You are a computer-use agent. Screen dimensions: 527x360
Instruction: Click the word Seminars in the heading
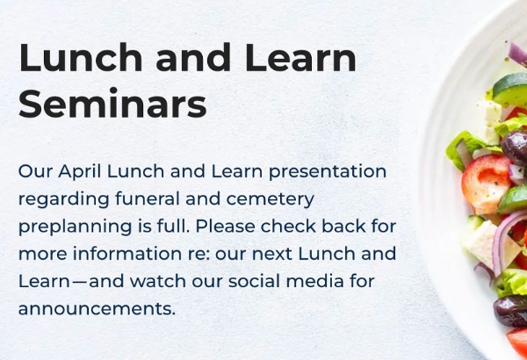[112, 103]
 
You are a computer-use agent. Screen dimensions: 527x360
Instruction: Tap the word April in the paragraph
[80, 172]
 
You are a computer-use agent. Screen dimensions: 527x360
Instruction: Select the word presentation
[328, 172]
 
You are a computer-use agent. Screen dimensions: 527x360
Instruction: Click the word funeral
[148, 198]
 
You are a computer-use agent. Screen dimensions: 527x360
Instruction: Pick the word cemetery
[271, 199]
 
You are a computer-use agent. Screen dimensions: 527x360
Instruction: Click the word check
[288, 227]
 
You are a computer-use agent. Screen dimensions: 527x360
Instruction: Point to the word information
[127, 254]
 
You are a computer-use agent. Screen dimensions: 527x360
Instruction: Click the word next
[272, 255]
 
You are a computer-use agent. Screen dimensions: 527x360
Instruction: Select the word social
[254, 281]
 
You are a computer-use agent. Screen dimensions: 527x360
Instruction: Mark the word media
[315, 281]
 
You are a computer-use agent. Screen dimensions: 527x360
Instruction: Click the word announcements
[97, 309]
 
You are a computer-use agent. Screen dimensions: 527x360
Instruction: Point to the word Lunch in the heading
[81, 57]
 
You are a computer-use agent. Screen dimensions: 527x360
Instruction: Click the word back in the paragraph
[343, 227]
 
